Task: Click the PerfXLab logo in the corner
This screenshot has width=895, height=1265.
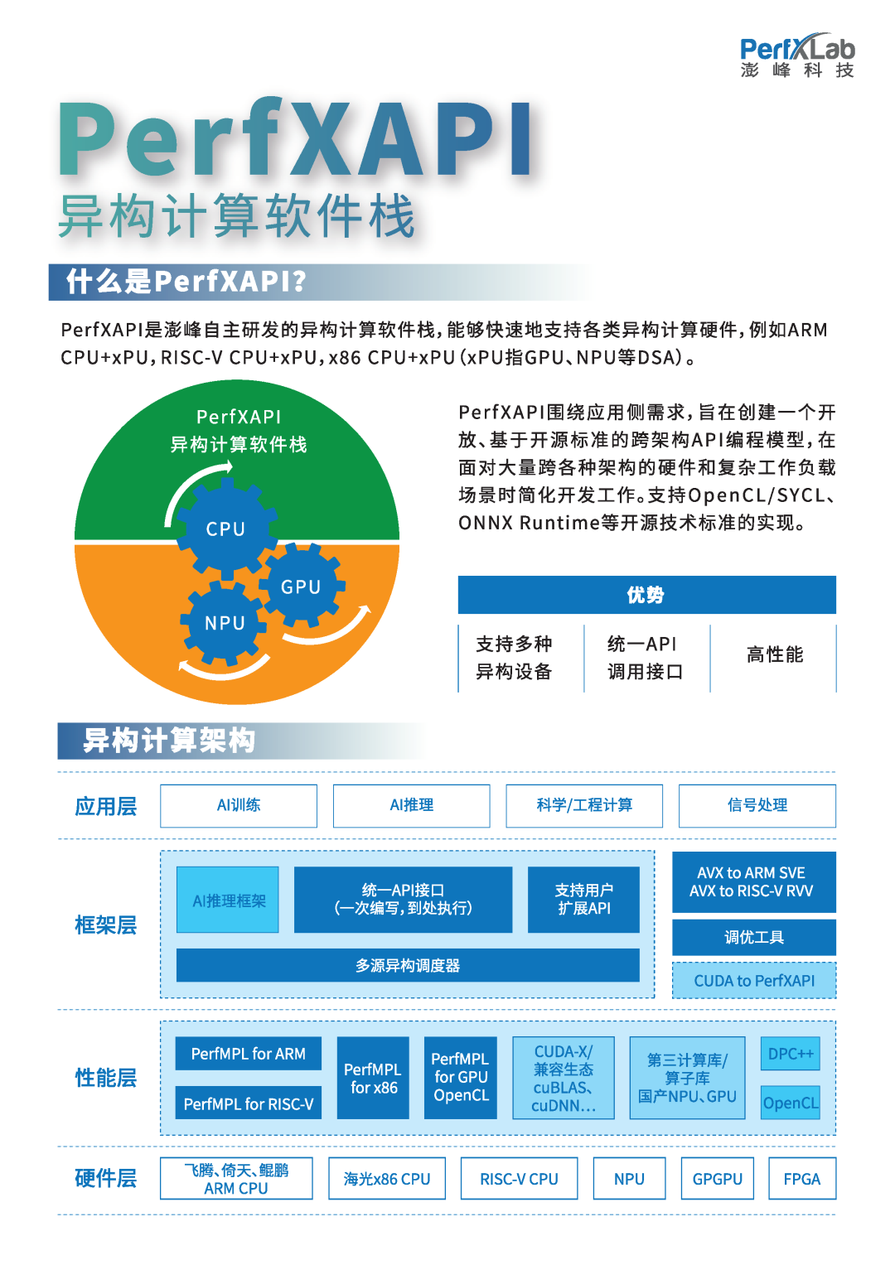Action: [x=796, y=56]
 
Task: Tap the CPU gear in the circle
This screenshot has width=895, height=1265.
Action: [x=225, y=529]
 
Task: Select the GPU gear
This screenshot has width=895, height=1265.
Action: [x=301, y=587]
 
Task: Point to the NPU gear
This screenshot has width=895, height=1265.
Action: [x=225, y=623]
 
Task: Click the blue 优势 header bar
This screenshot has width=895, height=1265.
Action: [x=646, y=595]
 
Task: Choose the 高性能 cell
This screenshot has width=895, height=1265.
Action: [x=774, y=655]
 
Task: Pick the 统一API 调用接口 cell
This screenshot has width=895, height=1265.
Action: [x=646, y=657]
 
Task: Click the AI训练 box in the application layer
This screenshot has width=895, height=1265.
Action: [x=239, y=805]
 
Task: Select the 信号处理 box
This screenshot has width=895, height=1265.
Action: [x=757, y=805]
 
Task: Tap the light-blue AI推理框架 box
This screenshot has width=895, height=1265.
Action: [x=228, y=900]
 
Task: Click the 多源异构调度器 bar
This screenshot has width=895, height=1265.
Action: [x=408, y=965]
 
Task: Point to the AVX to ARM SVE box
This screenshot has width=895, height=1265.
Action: [x=753, y=882]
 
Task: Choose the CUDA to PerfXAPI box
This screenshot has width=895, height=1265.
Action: [x=753, y=981]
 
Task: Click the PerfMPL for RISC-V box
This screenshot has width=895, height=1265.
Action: [x=249, y=1103]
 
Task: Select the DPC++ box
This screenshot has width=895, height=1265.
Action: [x=791, y=1054]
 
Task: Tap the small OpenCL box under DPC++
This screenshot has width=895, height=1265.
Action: [x=791, y=1103]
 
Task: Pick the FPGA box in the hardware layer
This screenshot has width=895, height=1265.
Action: [x=801, y=1179]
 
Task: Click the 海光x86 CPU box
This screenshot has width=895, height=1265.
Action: [x=387, y=1179]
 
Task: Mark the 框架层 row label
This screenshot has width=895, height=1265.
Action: [x=105, y=925]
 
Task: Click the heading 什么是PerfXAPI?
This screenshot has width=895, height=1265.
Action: [x=186, y=282]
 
